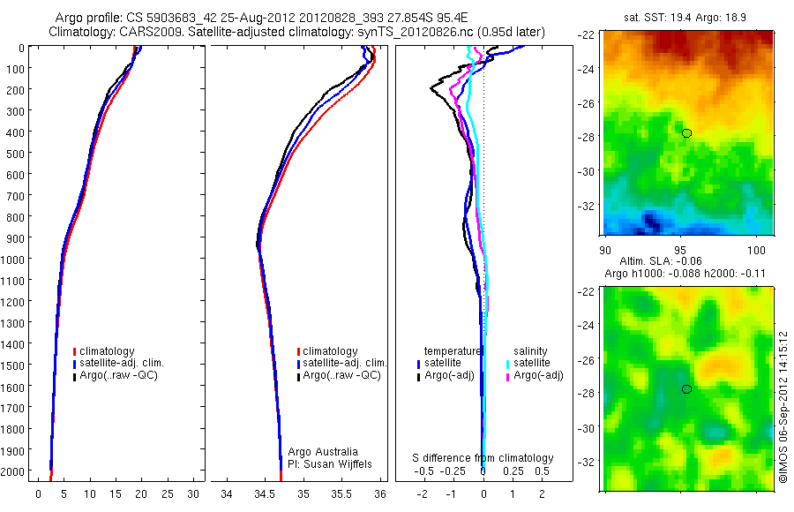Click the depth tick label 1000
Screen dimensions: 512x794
click(15, 259)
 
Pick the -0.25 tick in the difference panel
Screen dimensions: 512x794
click(453, 471)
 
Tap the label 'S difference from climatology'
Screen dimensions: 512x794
click(483, 458)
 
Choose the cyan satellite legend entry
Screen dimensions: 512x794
click(528, 363)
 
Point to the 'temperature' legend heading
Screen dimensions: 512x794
click(453, 350)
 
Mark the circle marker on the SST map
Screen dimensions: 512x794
click(686, 133)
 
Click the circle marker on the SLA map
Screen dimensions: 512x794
click(686, 389)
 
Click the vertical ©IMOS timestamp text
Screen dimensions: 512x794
click(783, 406)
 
